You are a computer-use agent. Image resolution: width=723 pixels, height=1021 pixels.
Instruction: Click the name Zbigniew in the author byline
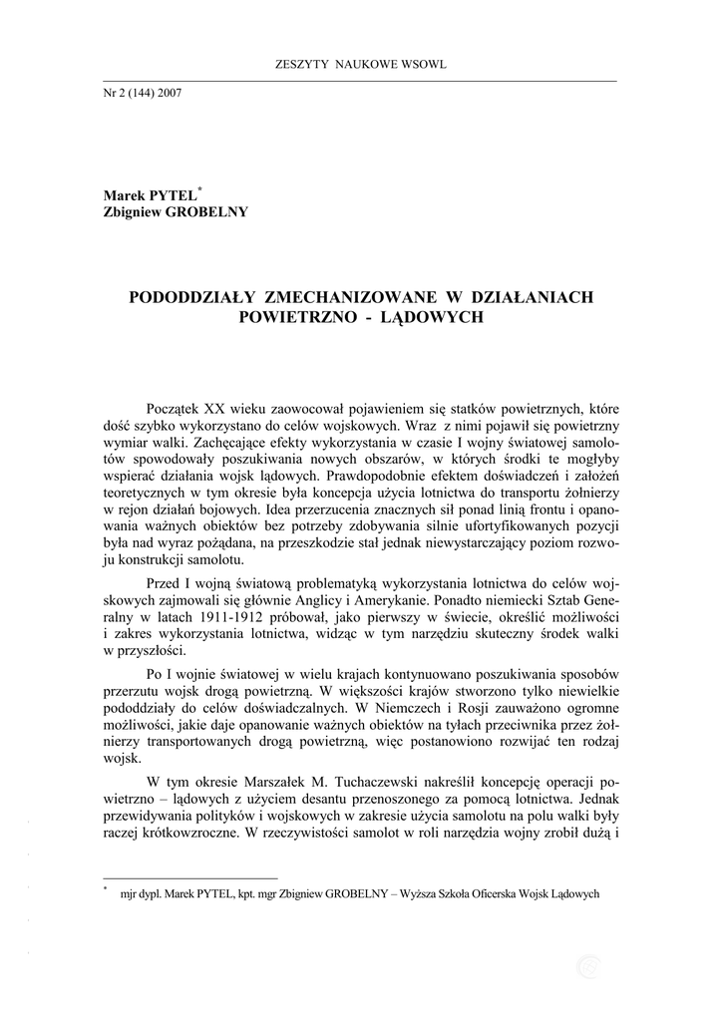point(137,211)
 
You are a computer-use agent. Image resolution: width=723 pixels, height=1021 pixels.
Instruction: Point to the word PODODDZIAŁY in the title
point(190,297)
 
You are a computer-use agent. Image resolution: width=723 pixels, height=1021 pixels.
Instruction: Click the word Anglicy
point(426,600)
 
